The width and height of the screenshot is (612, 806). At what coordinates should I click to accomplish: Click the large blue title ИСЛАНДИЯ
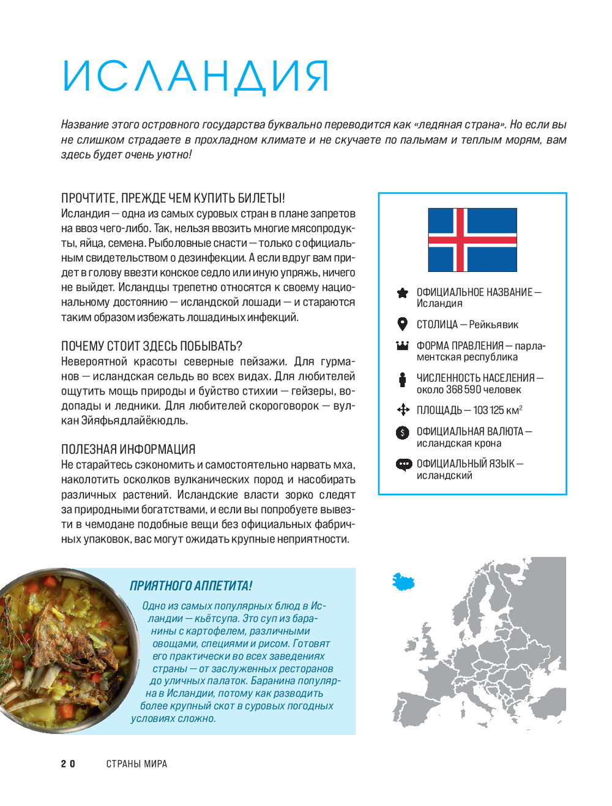tap(196, 77)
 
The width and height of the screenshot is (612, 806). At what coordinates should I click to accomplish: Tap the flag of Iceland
tap(472, 240)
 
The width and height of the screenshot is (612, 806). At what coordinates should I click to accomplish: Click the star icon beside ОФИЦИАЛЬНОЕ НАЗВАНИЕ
tap(402, 293)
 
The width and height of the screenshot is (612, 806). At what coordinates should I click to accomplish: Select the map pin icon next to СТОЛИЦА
tap(402, 324)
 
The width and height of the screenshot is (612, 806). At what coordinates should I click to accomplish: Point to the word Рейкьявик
tap(493, 325)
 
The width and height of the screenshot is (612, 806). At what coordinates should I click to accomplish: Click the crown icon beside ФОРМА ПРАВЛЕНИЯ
tap(402, 345)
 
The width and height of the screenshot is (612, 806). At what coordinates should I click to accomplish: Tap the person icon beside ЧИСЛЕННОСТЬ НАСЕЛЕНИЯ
tap(402, 380)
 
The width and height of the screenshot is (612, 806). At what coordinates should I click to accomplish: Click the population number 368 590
tap(463, 390)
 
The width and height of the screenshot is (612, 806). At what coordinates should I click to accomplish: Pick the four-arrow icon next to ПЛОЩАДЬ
tap(403, 410)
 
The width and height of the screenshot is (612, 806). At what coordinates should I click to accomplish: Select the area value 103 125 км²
tap(498, 410)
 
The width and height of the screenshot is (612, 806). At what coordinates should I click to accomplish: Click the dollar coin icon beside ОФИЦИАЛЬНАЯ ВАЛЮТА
tap(402, 432)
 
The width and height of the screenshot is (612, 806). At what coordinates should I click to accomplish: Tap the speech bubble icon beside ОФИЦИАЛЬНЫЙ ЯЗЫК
tap(403, 464)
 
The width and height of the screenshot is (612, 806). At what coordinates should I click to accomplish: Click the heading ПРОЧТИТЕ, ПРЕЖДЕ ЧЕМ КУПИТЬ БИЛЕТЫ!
tap(173, 198)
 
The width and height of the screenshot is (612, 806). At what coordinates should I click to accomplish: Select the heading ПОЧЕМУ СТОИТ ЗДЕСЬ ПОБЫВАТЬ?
tap(152, 346)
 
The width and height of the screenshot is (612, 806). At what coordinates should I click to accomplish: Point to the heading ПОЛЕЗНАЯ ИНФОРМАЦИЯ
tap(128, 450)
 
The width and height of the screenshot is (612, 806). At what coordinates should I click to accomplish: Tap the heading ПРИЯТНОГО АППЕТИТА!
tap(191, 586)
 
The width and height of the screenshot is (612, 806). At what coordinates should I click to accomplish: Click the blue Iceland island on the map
tap(403, 581)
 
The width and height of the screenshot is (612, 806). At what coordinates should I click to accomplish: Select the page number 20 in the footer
tap(68, 764)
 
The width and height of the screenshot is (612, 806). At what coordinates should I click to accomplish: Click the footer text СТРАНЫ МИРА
tap(136, 764)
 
